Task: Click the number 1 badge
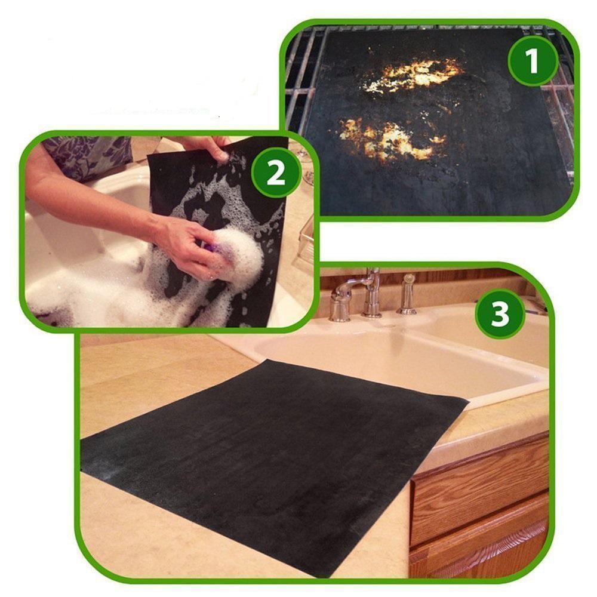point(533,61)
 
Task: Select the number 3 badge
point(500,314)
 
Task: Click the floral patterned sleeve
point(85,155)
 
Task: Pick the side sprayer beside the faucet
point(407,295)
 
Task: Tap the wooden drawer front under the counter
point(481,490)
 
